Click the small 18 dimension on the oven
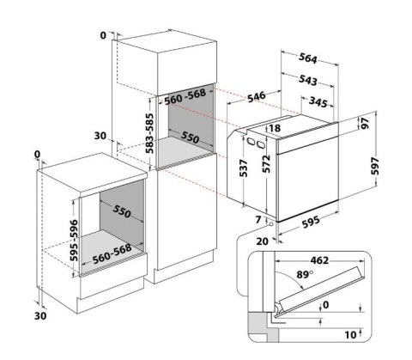(275, 128)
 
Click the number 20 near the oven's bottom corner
(261, 241)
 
